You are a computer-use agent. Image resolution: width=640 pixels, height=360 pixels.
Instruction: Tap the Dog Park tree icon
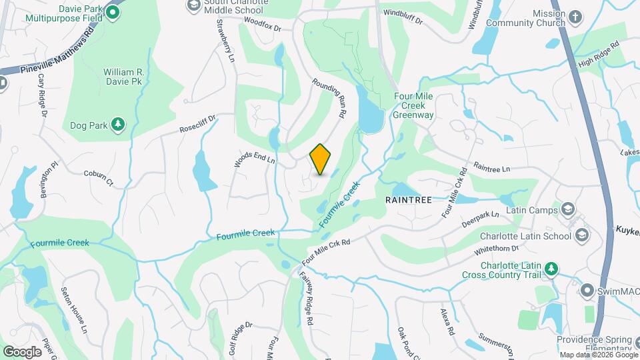click(x=117, y=124)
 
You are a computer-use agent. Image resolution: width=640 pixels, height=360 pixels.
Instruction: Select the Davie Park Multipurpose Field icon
click(x=113, y=12)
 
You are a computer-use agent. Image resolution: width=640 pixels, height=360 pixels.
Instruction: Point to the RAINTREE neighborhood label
click(x=409, y=199)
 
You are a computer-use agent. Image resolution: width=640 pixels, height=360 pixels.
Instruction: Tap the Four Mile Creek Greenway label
click(x=413, y=105)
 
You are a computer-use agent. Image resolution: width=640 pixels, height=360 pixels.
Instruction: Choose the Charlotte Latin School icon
click(x=582, y=235)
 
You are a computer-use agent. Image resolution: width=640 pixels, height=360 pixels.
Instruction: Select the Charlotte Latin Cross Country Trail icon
click(x=551, y=269)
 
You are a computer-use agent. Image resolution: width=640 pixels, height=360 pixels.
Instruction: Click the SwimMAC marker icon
click(x=587, y=291)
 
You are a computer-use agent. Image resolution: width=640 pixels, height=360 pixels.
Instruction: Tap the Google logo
click(x=22, y=351)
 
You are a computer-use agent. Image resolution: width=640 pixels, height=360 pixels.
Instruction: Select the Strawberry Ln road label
click(x=226, y=41)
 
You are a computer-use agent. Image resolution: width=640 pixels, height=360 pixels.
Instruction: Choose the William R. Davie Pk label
click(x=123, y=76)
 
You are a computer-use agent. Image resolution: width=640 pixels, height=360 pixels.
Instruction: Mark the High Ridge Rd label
click(x=599, y=54)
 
